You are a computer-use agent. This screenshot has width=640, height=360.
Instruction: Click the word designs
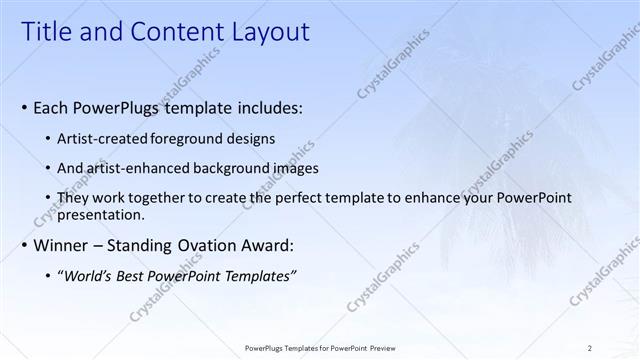(x=254, y=138)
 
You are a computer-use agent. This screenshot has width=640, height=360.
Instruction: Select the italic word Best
(x=136, y=276)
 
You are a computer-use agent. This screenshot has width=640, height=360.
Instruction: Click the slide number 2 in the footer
(x=590, y=347)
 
